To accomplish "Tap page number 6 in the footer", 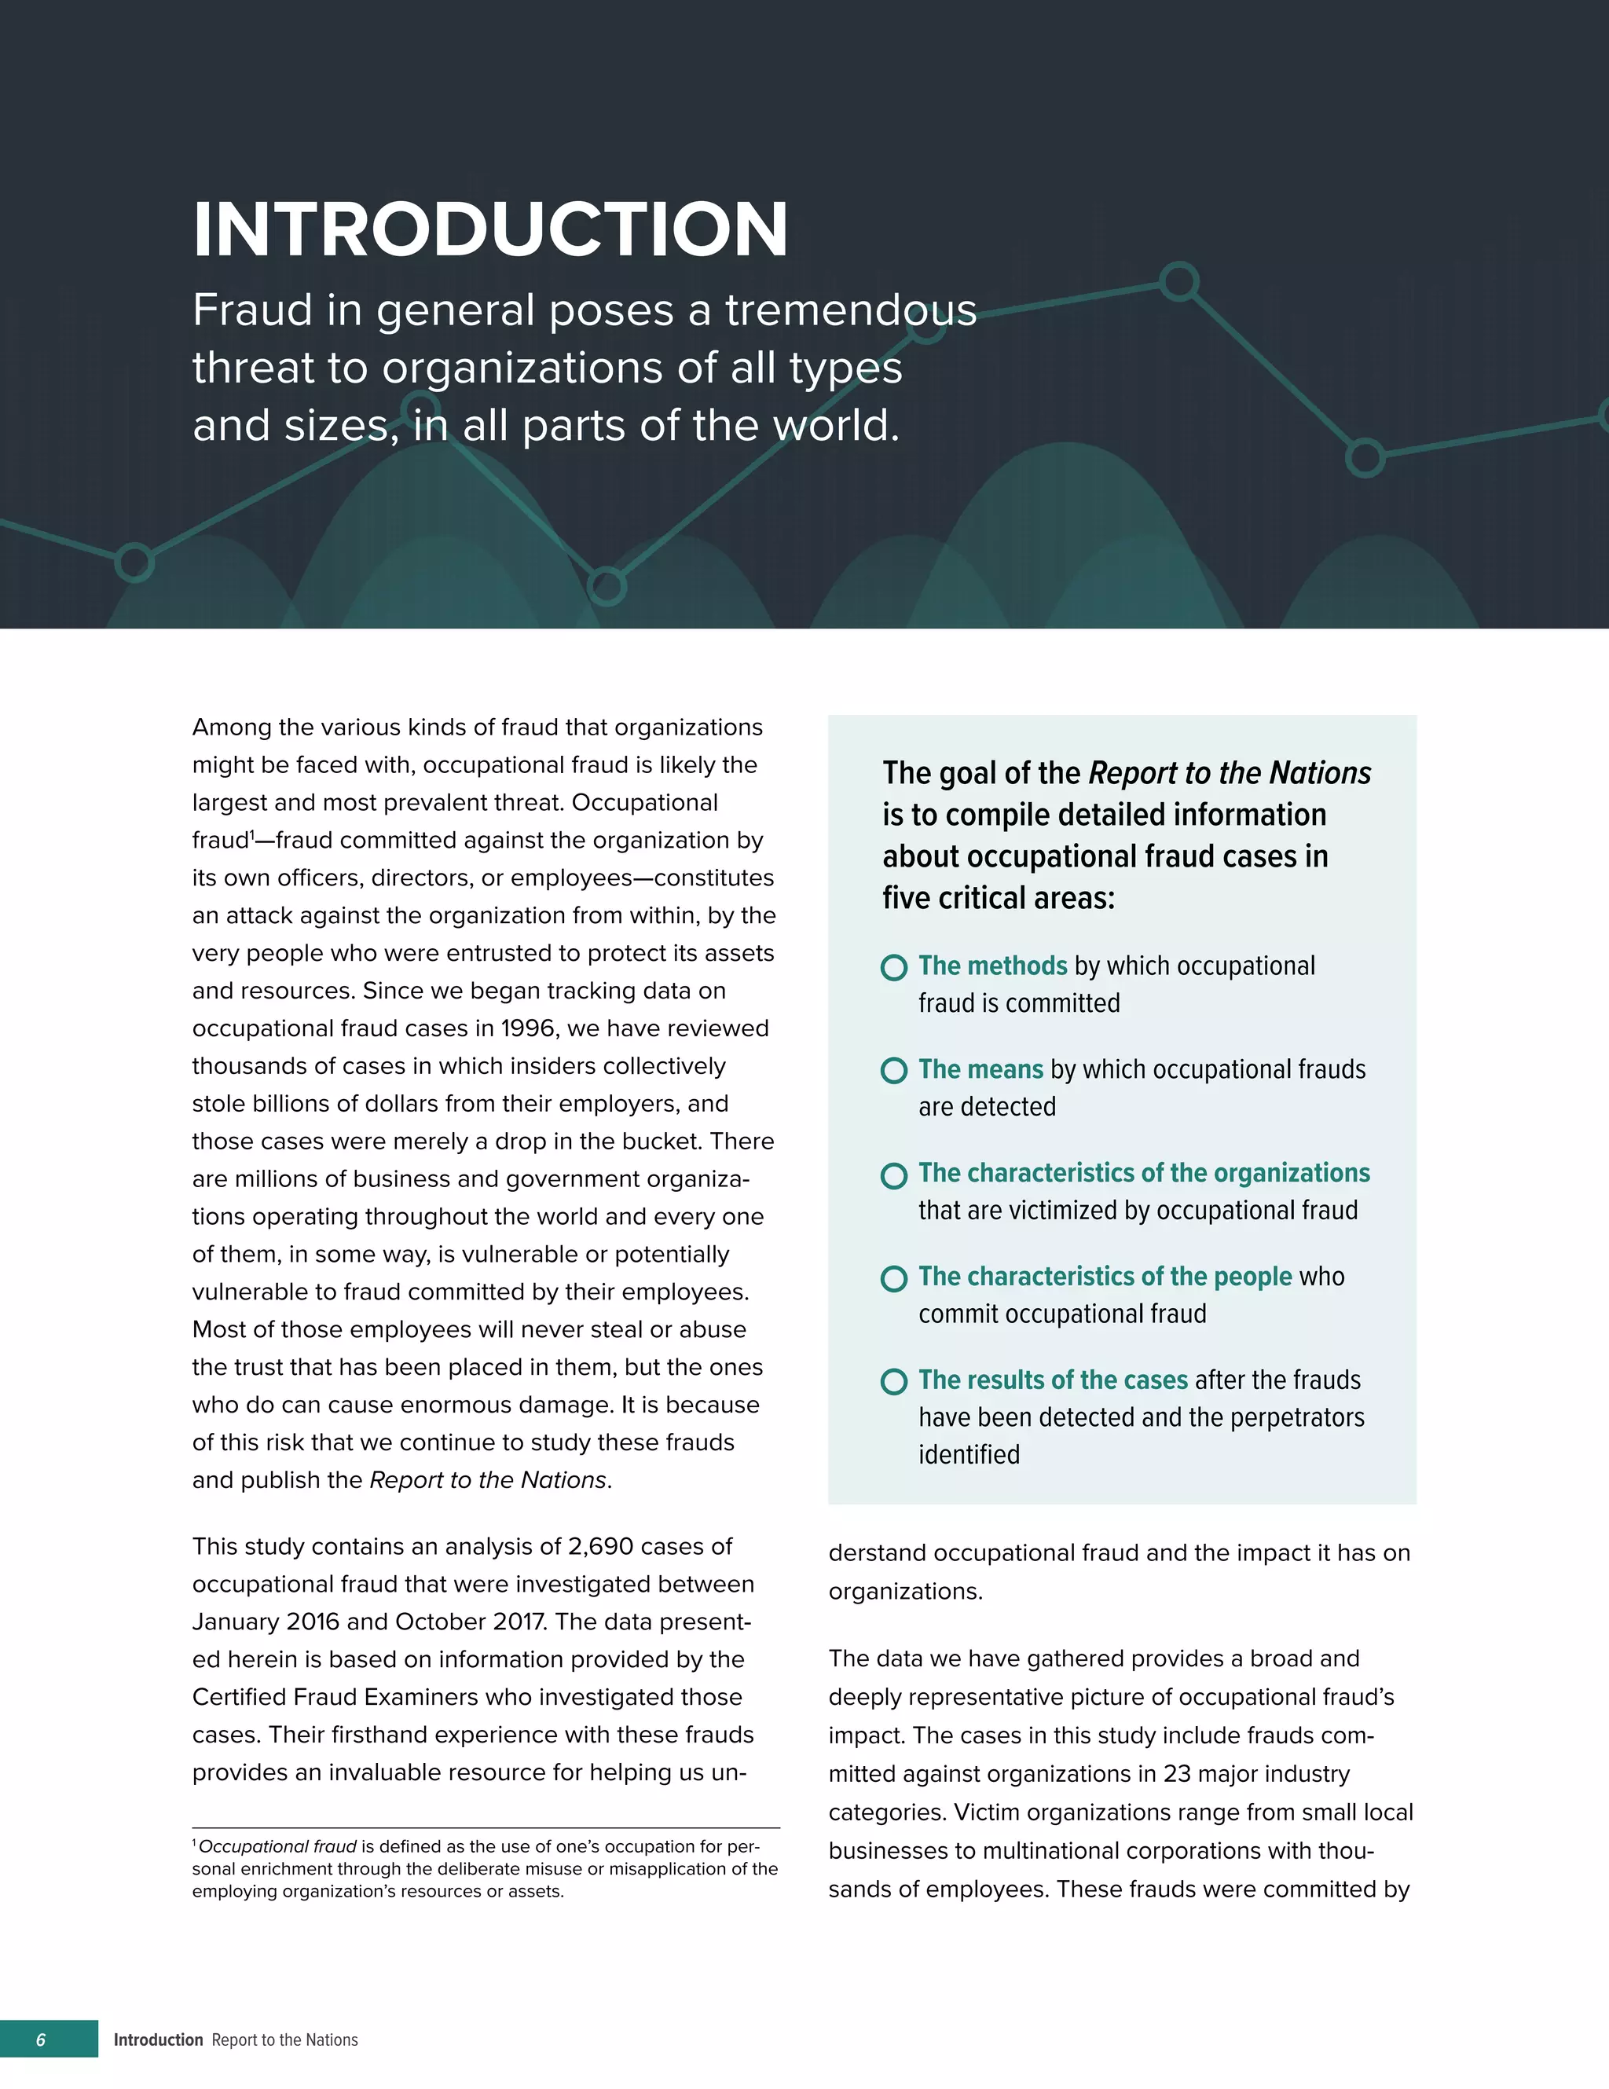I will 40,2040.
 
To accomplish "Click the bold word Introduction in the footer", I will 158,2040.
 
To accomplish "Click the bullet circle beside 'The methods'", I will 893,967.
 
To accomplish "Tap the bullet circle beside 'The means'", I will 893,1070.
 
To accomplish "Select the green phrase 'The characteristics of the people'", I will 1105,1277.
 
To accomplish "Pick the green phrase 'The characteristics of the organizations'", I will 1143,1174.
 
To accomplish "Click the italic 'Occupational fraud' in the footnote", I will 277,1847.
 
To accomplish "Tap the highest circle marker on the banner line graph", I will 1178,281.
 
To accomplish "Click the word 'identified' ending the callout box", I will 969,1455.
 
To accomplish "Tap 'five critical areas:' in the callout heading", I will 998,898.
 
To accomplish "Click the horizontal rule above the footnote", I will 486,1828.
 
